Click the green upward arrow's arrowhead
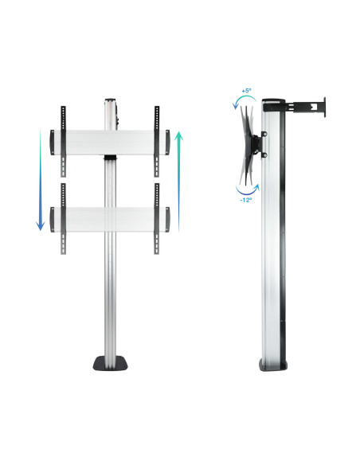point(179,135)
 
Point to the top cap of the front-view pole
point(109,101)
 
